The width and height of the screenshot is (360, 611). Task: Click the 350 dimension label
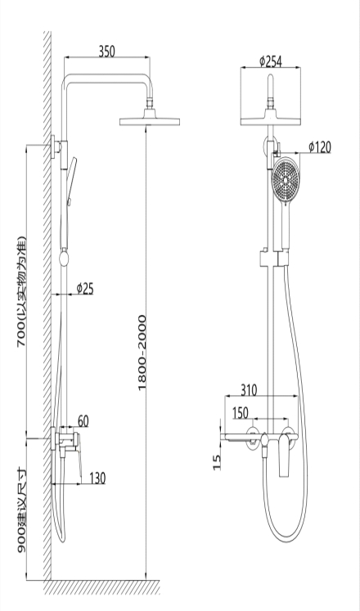[x=106, y=52]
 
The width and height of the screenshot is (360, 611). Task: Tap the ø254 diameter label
[x=271, y=61]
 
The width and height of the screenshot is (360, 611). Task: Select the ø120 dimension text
[x=319, y=147]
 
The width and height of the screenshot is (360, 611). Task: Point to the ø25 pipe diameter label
[x=85, y=289]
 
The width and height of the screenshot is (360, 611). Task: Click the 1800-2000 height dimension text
[x=142, y=353]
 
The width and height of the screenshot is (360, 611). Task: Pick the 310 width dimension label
[x=249, y=389]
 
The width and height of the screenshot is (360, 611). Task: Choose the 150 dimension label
[x=240, y=413]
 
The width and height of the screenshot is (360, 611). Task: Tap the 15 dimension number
[x=218, y=462]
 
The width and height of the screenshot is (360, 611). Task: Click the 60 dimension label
[x=83, y=421]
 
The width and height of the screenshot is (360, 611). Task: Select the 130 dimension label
[x=97, y=478]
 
